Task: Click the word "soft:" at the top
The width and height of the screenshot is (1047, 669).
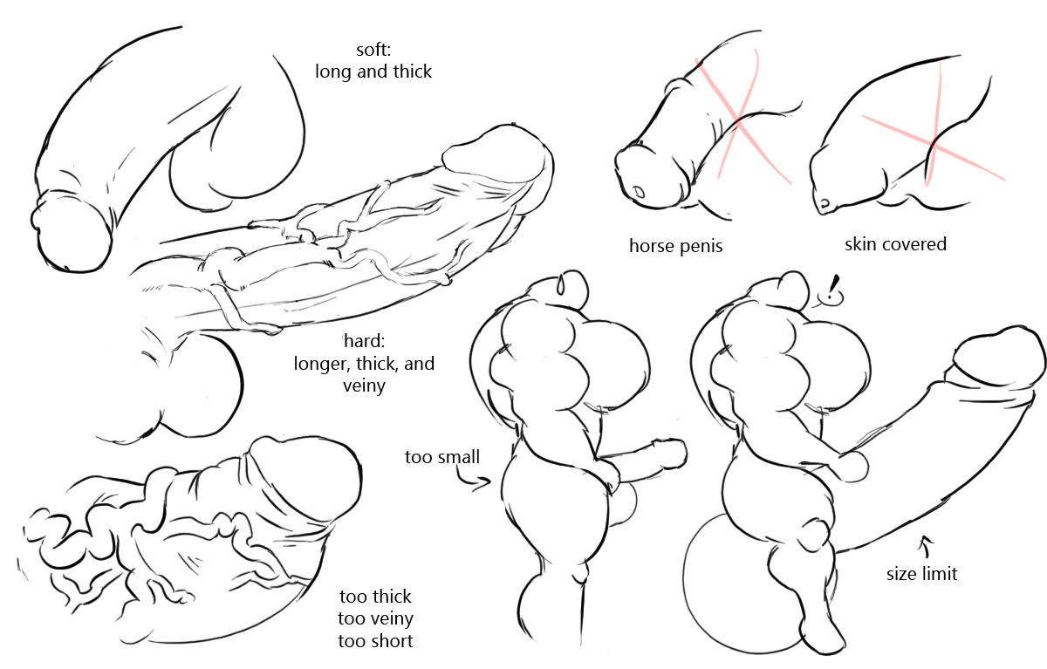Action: point(373,50)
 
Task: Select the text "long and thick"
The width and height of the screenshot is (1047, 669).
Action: point(373,72)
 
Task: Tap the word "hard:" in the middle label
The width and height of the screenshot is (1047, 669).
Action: point(364,341)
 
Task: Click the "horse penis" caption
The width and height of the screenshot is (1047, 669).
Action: point(675,246)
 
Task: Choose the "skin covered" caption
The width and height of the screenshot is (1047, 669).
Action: point(895,244)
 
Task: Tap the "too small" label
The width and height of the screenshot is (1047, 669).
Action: point(441,457)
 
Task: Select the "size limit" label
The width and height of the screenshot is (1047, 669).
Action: point(921,574)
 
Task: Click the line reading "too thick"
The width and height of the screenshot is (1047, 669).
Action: point(375,597)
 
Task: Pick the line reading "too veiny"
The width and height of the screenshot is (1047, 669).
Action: point(375,619)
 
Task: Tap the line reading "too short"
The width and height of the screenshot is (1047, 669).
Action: point(375,641)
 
